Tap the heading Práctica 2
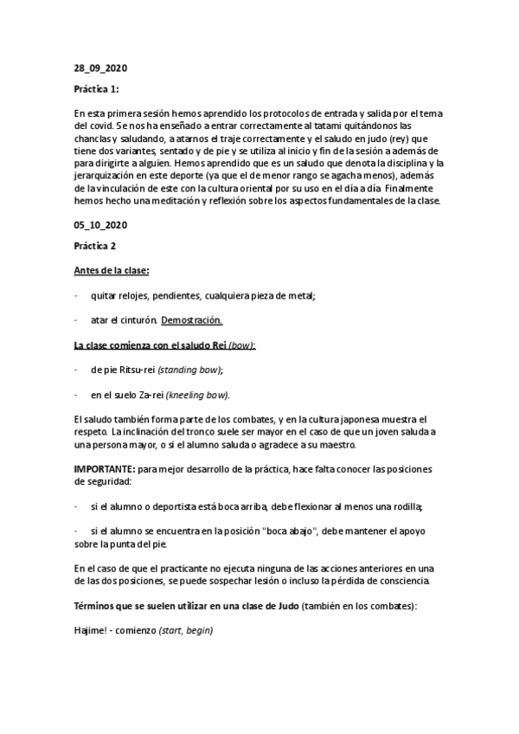click(94, 246)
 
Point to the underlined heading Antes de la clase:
click(112, 270)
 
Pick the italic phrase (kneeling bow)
click(197, 395)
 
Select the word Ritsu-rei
click(132, 370)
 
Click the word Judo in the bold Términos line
click(286, 606)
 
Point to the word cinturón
click(135, 319)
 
